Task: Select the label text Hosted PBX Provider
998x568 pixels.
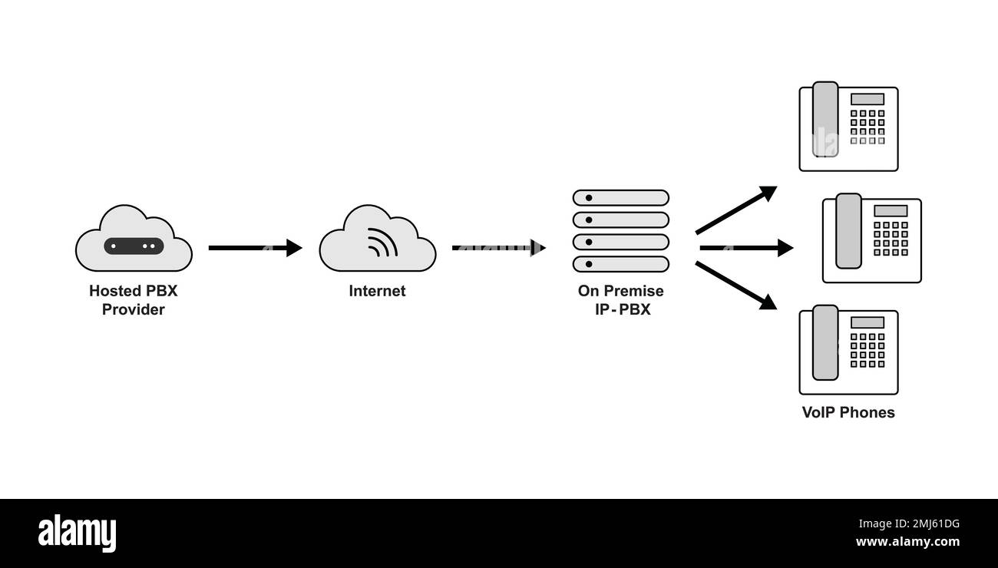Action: click(x=134, y=300)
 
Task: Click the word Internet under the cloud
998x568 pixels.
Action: click(x=377, y=291)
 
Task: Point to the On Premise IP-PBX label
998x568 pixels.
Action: click(x=621, y=300)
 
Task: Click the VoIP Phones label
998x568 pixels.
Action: click(x=848, y=412)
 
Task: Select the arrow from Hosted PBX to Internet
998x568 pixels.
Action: click(x=255, y=247)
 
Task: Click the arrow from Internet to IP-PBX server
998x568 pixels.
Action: click(x=498, y=247)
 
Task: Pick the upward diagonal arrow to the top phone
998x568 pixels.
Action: click(x=735, y=210)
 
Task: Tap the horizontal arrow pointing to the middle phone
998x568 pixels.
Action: click(x=745, y=247)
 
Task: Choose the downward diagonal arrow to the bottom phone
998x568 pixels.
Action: click(x=735, y=286)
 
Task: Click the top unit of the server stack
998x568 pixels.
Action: click(x=621, y=197)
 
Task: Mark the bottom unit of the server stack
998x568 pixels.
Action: click(x=621, y=264)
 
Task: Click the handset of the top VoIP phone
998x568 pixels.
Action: click(x=825, y=119)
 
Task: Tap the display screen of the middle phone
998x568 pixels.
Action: click(x=891, y=210)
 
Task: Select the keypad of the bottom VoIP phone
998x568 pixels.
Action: click(x=867, y=350)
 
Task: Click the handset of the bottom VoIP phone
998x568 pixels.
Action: click(x=825, y=342)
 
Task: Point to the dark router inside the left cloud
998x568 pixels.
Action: click(x=134, y=246)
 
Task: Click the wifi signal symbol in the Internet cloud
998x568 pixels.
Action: click(x=382, y=242)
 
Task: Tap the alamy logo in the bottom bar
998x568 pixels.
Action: click(x=77, y=532)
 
